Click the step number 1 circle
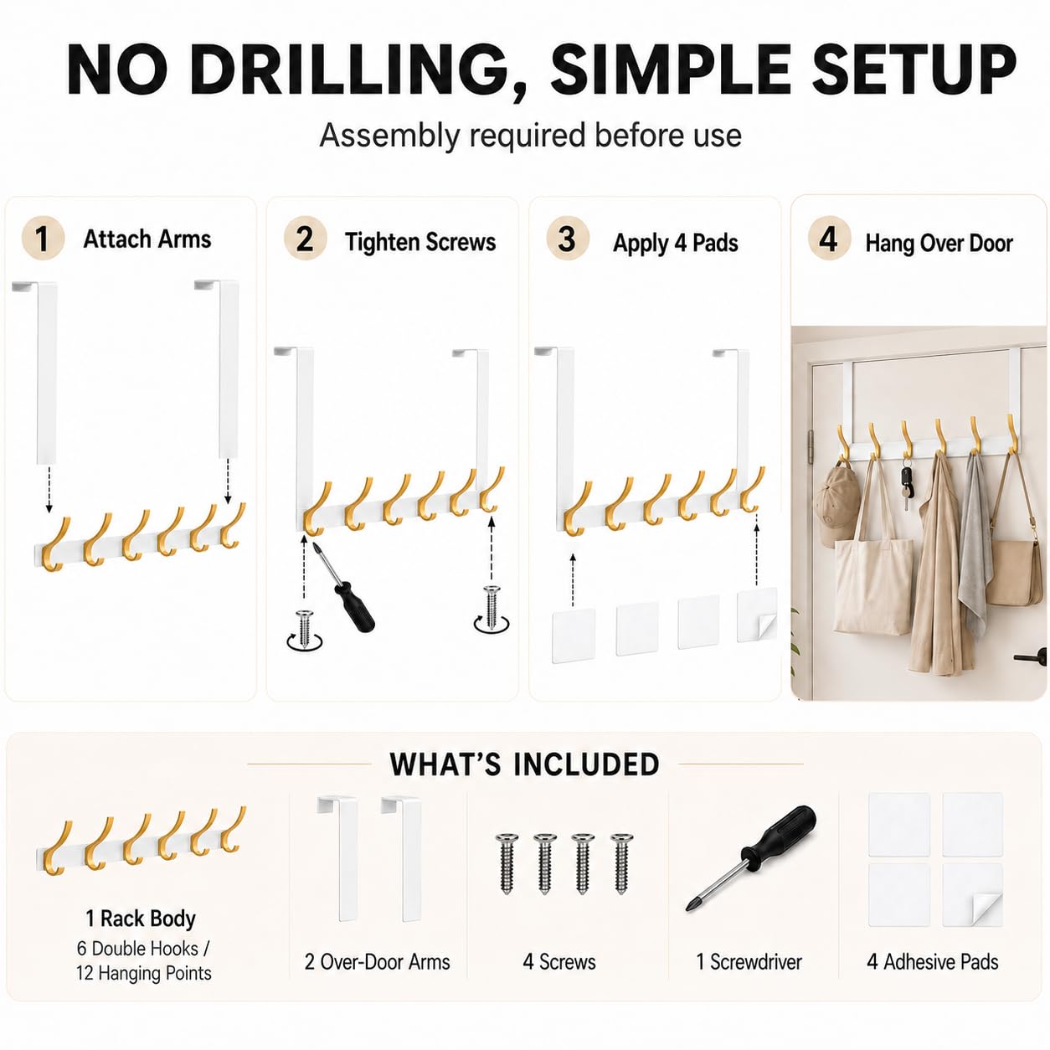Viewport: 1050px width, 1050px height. pos(43,238)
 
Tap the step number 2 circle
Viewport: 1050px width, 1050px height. pos(305,239)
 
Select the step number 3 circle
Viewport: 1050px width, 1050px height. pos(568,239)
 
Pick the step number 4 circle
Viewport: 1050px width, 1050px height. pos(829,238)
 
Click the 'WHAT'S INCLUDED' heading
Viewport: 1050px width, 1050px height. pos(525,764)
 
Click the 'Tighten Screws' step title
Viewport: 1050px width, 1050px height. pos(420,242)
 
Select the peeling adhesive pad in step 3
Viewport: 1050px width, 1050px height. pos(757,615)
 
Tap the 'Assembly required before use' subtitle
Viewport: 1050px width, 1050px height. pos(530,135)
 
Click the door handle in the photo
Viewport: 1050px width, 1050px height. pos(1032,656)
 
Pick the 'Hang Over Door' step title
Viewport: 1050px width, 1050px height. pos(939,243)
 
